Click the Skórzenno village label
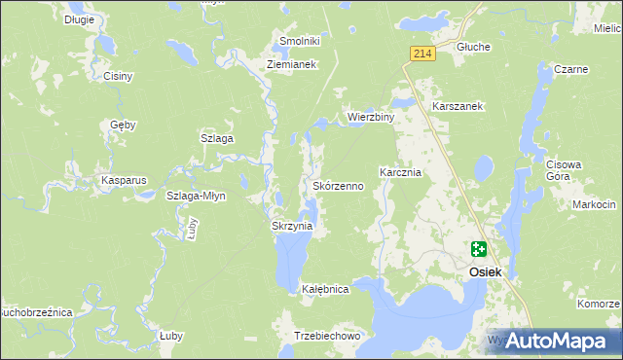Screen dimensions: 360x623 (x=338, y=185)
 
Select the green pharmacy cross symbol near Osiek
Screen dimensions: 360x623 (x=479, y=249)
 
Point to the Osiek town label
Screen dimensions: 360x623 (x=485, y=272)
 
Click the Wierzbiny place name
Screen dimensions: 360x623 (x=370, y=117)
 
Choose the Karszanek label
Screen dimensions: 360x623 (x=458, y=105)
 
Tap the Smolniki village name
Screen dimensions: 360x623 (x=300, y=41)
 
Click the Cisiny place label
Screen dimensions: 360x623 (x=118, y=75)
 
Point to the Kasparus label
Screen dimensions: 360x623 (x=124, y=181)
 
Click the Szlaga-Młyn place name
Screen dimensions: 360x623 (x=196, y=196)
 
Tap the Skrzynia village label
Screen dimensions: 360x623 (x=291, y=226)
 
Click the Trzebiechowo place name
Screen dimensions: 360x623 (x=327, y=336)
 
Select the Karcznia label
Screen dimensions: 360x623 (x=399, y=172)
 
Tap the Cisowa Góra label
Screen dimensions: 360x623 (x=564, y=170)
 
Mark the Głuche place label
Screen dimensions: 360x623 (x=473, y=47)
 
